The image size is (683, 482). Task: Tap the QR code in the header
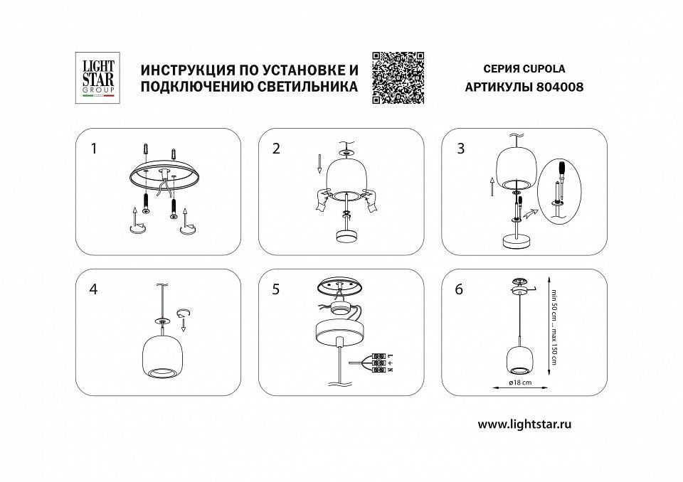point(398,77)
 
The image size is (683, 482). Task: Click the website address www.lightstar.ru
point(524,424)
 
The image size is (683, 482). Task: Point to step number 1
point(93,149)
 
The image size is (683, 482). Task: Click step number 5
point(277,289)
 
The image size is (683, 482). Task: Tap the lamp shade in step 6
point(518,360)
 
